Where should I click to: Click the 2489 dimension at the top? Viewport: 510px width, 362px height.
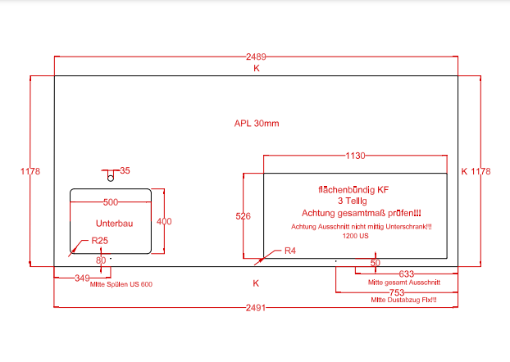click(x=256, y=57)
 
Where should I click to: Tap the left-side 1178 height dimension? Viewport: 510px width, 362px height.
click(x=30, y=171)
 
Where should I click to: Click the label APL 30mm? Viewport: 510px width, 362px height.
click(x=257, y=124)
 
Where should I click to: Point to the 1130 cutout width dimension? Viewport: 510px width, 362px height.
click(x=355, y=155)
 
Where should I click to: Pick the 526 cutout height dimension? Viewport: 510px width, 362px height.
click(x=243, y=216)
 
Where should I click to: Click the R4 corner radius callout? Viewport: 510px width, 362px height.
click(x=289, y=251)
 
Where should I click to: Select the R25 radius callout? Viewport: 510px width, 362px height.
click(x=100, y=240)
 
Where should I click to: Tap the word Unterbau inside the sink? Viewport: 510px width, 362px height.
click(x=114, y=223)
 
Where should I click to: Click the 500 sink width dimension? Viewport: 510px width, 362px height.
click(x=111, y=201)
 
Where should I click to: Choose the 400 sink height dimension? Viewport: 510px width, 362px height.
click(x=165, y=221)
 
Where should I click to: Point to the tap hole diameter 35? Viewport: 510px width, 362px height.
click(x=125, y=170)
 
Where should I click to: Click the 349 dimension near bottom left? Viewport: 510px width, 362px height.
click(x=82, y=278)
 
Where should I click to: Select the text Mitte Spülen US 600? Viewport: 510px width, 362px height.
click(x=121, y=284)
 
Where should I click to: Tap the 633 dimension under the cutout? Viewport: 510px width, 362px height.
click(x=405, y=274)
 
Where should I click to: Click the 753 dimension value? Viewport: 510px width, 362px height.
click(x=397, y=292)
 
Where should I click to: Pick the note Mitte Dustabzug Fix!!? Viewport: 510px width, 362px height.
click(x=403, y=301)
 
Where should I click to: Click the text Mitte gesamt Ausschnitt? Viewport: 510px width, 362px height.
click(x=404, y=283)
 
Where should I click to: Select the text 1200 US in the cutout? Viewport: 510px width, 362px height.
click(x=356, y=236)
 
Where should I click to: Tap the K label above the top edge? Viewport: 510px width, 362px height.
click(x=256, y=69)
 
